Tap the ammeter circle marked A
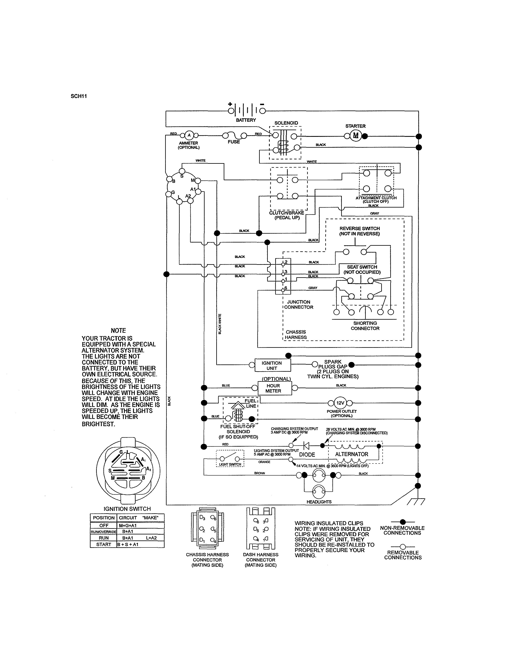click(x=189, y=135)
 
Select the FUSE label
click(x=234, y=142)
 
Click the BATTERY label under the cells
click(x=246, y=120)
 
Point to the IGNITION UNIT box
click(x=272, y=365)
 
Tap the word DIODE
click(x=307, y=455)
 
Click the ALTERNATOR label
click(x=352, y=454)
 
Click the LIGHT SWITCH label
click(x=230, y=464)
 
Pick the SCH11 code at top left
click(x=79, y=96)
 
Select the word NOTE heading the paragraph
click(x=118, y=330)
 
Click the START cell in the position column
click(x=103, y=544)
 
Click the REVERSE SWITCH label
click(x=360, y=231)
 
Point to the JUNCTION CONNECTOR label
click(x=298, y=305)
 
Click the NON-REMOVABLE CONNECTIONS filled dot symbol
click(x=403, y=522)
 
